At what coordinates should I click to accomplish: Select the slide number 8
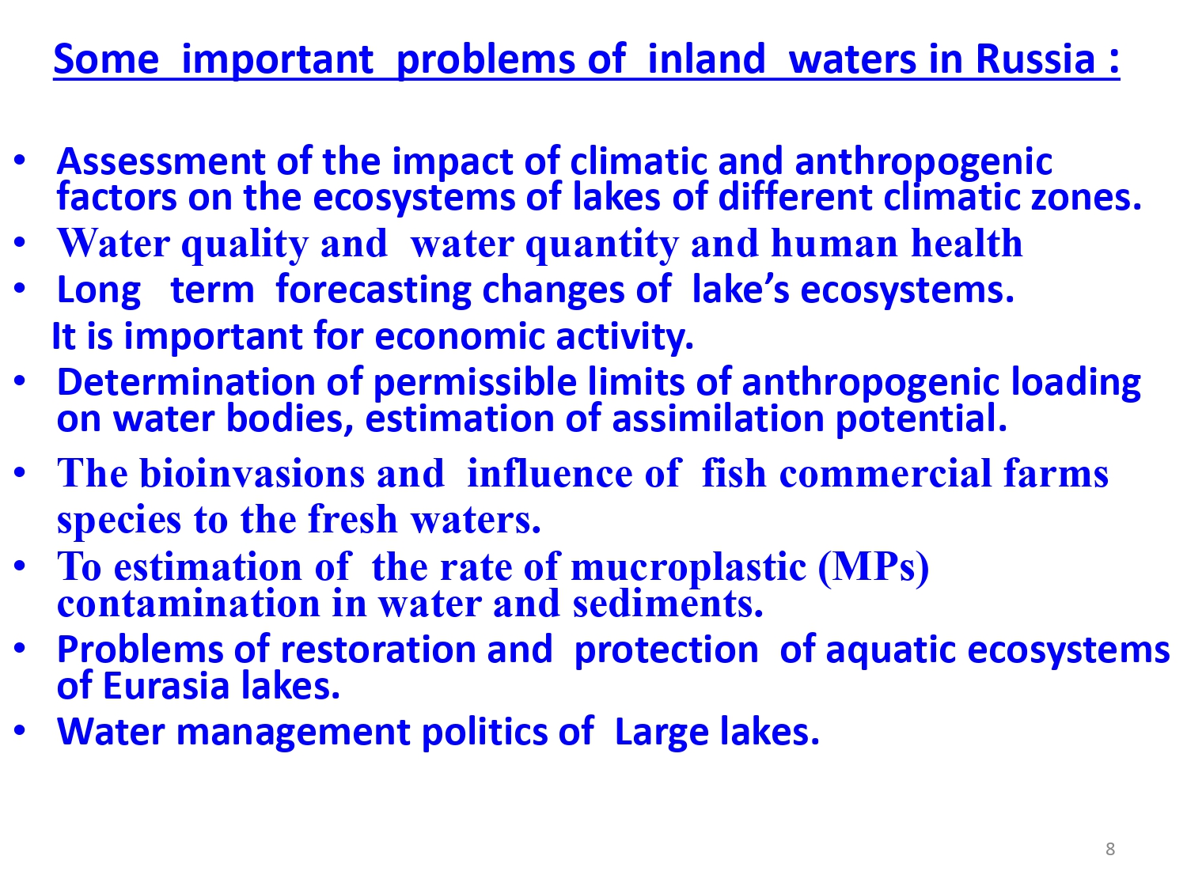coord(1110,849)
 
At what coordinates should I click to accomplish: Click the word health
coord(967,243)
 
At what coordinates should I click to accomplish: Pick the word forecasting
coord(374,290)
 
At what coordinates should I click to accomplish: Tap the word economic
coord(460,337)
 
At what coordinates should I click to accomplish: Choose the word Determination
coord(186,382)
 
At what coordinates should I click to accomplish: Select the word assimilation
coord(719,418)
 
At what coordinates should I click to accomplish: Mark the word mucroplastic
coord(688,569)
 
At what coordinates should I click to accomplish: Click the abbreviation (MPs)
coord(874,569)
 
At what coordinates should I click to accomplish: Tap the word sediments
coord(668,604)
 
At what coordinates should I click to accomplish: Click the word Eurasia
coord(166,686)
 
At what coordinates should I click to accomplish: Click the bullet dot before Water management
coord(20,730)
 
